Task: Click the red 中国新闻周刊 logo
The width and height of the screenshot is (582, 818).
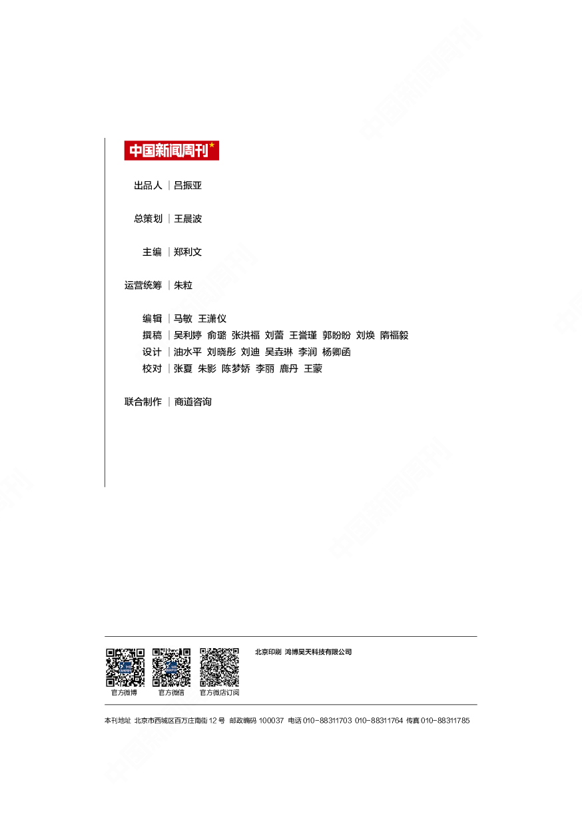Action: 172,151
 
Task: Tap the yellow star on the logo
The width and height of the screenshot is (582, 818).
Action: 212,145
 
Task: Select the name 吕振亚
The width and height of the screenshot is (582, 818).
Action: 188,185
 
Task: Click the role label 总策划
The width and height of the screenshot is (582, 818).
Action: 148,218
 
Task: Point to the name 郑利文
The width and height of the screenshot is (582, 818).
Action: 188,252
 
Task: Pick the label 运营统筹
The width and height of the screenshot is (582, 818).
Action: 143,285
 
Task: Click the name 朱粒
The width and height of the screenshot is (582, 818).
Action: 183,285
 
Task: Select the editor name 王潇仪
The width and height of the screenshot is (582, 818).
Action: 212,319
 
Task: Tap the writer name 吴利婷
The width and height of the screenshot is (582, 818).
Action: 188,335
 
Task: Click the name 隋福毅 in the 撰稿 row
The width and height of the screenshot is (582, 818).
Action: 394,335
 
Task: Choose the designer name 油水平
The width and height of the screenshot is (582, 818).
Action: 188,352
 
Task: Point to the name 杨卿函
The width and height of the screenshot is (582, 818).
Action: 336,352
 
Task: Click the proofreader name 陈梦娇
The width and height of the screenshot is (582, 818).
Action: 236,369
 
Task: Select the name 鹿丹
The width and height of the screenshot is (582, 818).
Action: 289,369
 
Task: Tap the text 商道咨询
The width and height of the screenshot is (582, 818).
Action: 193,402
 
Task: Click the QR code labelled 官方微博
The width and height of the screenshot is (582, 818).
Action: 125,667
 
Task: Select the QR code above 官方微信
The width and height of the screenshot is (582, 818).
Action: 171,667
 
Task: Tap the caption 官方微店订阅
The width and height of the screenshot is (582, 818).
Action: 220,693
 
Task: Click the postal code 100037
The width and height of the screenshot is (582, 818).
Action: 271,721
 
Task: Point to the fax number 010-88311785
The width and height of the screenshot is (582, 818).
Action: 445,721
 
